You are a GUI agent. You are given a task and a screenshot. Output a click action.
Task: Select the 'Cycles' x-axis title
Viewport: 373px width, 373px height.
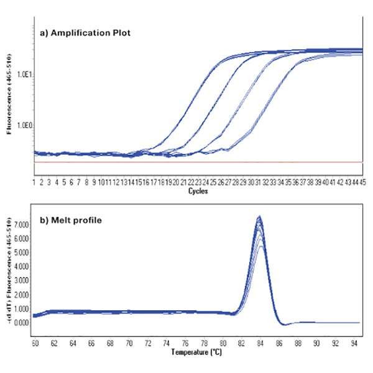[x=198, y=191]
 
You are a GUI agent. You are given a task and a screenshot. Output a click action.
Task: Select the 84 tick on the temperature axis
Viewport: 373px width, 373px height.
[x=260, y=343]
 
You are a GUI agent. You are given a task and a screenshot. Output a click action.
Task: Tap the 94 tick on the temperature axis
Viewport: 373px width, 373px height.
[x=354, y=343]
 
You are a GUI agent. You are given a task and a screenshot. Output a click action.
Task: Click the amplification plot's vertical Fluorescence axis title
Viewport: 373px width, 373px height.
[x=9, y=93]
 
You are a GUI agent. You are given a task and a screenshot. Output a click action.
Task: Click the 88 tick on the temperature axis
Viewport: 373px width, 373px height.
[x=298, y=343]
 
